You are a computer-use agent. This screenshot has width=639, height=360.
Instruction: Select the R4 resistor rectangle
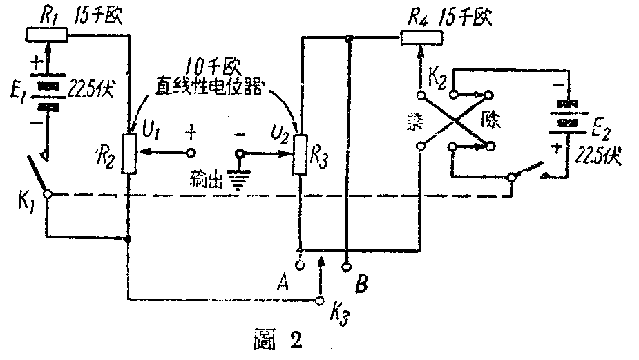coord(420,37)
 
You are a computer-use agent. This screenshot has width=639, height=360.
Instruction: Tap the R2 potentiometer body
coord(128,154)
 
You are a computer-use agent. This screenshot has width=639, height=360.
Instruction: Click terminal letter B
coord(360,283)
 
